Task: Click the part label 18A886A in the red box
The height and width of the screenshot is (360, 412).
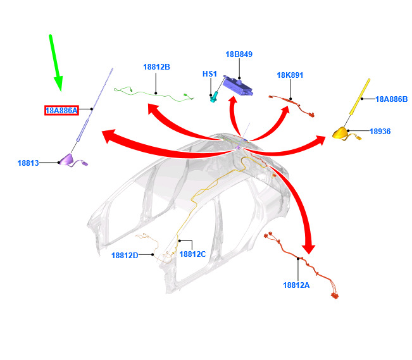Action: click(61, 110)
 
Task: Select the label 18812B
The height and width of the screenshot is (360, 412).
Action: click(156, 67)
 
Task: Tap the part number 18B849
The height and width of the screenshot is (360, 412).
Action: click(239, 54)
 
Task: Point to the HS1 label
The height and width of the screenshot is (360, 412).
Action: click(209, 74)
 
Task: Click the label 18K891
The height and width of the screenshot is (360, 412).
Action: click(290, 75)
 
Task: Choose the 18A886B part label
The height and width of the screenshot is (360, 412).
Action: click(391, 99)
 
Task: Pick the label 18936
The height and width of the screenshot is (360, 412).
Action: click(380, 131)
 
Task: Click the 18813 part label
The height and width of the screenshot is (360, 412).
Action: click(28, 163)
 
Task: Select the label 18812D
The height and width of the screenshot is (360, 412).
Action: click(125, 255)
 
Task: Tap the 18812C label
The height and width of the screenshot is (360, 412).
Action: click(192, 254)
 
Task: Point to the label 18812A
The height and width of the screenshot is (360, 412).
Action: click(296, 285)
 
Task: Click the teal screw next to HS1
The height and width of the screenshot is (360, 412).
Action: click(214, 97)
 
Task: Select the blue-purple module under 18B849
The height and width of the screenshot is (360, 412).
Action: click(237, 85)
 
